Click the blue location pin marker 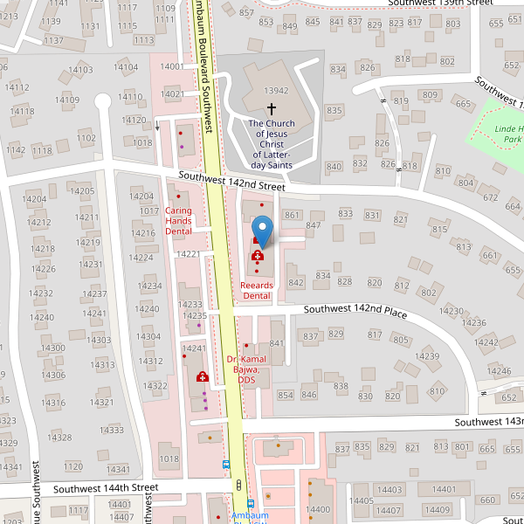262,229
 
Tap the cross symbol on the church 271,109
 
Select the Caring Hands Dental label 178,221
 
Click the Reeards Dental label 257,291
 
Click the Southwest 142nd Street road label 231,181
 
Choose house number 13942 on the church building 276,91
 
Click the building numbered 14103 80,70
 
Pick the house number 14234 149,286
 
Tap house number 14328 59,437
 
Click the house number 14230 452,311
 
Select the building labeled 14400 318,509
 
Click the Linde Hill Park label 507,134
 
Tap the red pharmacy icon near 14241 203,376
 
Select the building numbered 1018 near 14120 143,141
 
